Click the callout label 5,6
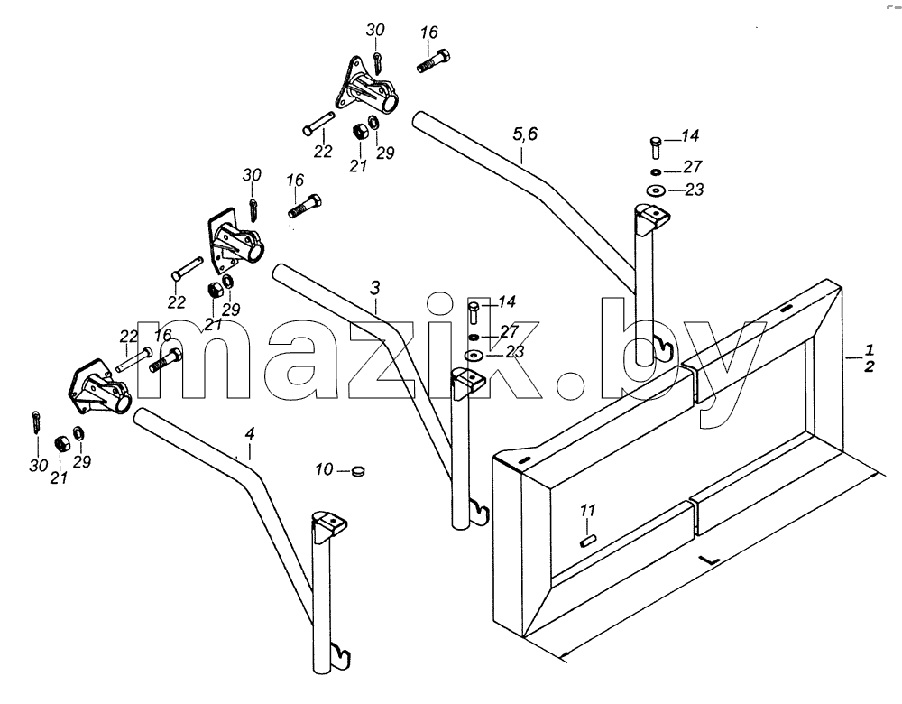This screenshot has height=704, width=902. click(x=525, y=134)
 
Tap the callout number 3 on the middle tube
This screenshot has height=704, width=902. click(x=375, y=288)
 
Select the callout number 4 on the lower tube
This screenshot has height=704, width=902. click(x=250, y=434)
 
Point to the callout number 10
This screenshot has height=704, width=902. click(x=324, y=469)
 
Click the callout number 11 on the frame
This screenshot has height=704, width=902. click(x=587, y=510)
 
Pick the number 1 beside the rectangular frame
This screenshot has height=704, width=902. click(x=870, y=349)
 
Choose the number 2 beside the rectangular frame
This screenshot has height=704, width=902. click(x=870, y=366)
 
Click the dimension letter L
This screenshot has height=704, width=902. click(x=711, y=559)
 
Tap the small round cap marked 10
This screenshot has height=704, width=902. click(x=358, y=471)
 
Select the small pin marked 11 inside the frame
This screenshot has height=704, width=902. click(x=588, y=542)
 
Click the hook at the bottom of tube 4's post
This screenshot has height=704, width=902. click(x=344, y=654)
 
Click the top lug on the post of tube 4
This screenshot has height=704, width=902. click(x=330, y=523)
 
